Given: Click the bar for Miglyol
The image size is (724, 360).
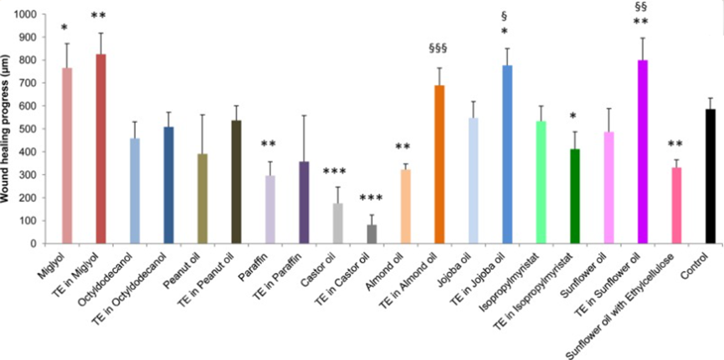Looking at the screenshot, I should (68, 156).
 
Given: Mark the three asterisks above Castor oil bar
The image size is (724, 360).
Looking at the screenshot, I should (337, 172).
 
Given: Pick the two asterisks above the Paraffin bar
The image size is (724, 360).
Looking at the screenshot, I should (270, 143).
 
